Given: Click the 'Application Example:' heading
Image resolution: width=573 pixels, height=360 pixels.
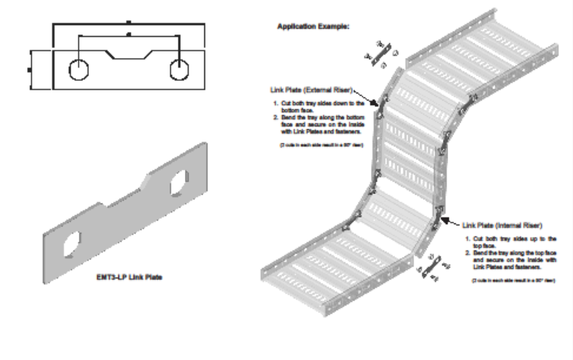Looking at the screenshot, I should pos(313,26).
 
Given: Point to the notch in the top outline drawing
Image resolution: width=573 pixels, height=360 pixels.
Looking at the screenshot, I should pos(129,54).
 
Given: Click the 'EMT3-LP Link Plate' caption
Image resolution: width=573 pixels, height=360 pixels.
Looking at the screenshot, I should pos(129,278).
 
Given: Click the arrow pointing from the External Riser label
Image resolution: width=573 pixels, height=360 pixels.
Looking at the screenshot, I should pos(367,96).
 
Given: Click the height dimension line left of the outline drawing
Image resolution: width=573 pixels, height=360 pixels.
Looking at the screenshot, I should pos(29,69).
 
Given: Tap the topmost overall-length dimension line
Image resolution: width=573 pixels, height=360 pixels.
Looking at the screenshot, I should pos(129,24).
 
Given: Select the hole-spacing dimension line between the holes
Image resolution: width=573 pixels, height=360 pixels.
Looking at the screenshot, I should pos(129,35).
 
